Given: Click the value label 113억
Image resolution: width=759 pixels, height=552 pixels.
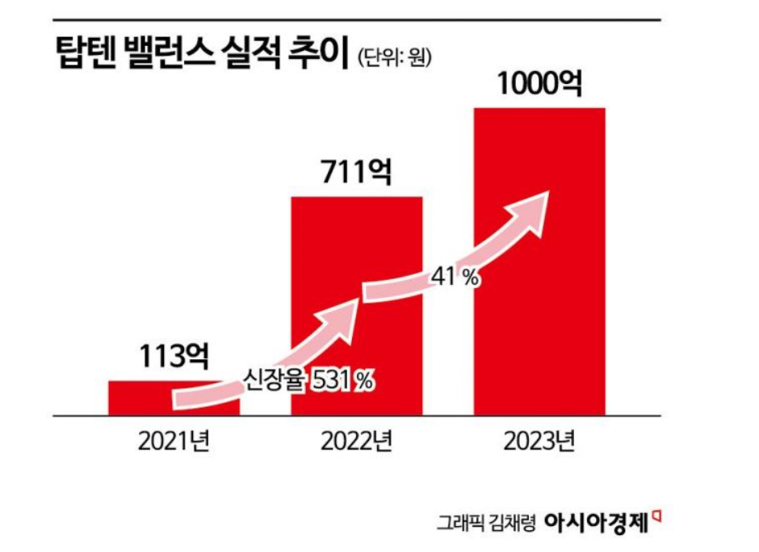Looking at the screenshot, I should (x=174, y=355).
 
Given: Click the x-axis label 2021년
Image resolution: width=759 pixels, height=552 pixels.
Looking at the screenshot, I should (x=174, y=443).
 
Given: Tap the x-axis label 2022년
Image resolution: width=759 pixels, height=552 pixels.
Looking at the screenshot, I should (x=356, y=443).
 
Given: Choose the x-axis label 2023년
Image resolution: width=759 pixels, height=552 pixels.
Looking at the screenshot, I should (x=539, y=443).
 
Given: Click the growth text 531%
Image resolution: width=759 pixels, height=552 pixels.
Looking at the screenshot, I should (x=342, y=380).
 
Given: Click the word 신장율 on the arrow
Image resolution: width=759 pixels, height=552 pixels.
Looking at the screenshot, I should (x=276, y=380).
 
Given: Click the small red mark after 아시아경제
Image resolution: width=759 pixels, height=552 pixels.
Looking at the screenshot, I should (x=656, y=512).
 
